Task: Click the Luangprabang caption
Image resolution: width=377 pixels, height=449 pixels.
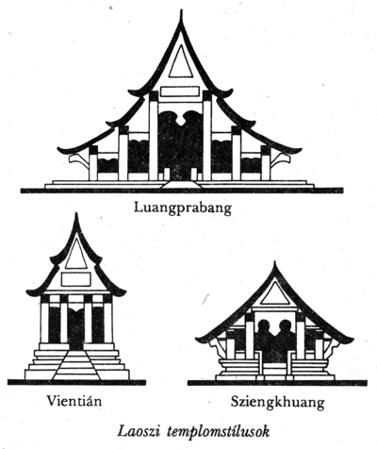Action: (183, 208)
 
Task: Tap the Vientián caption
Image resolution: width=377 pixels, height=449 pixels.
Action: (74, 401)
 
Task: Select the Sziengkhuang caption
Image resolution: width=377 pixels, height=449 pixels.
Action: (277, 403)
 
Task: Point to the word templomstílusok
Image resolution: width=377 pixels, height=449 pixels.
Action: (219, 432)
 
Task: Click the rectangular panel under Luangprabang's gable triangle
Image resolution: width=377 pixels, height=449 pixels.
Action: (180, 91)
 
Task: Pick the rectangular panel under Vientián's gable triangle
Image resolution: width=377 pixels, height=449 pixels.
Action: (76, 279)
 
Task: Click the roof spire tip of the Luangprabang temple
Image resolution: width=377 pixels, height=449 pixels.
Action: (181, 10)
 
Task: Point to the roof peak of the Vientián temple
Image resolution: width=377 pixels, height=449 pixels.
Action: (76, 213)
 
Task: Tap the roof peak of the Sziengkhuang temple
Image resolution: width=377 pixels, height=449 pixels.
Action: (275, 261)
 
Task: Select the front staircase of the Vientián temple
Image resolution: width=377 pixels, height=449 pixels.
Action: (76, 365)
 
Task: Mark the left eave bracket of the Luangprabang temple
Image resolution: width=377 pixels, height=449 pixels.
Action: (78, 160)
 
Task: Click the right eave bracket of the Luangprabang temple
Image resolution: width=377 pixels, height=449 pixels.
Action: (280, 160)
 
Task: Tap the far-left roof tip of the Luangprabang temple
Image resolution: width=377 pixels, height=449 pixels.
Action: (58, 148)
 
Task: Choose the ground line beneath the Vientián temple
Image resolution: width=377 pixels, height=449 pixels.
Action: (76, 382)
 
